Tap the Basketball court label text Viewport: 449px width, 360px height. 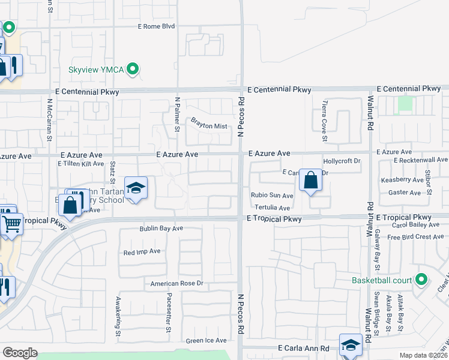point(382,280)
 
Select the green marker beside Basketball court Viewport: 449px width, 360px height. point(421,280)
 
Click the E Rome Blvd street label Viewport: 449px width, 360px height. point(156,26)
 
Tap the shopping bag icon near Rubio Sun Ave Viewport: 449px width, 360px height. point(310,180)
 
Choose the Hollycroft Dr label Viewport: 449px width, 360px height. point(341,161)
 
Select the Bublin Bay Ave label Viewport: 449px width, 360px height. point(161,229)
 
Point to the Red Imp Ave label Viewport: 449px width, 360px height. point(142,252)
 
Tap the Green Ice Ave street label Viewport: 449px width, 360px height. point(206,341)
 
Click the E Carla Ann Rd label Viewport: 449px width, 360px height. point(303,348)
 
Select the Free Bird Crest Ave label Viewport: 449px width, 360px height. point(415,237)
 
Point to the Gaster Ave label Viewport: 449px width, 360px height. point(405,193)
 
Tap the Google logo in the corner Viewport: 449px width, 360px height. point(20,353)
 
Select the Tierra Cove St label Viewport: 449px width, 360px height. point(325,121)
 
